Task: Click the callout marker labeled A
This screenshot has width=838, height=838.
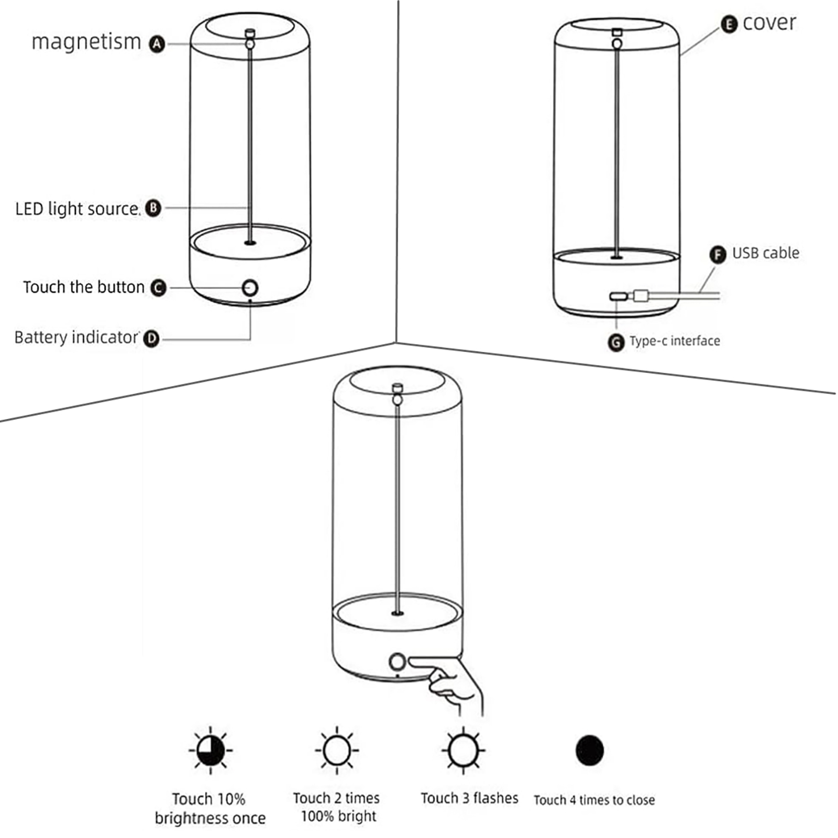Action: click(x=157, y=44)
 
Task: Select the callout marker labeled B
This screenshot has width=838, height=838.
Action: click(x=153, y=208)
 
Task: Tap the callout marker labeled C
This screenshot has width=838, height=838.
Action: click(x=158, y=288)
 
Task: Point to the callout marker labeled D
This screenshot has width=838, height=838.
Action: click(x=151, y=338)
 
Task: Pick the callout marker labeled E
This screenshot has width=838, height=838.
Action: click(x=729, y=24)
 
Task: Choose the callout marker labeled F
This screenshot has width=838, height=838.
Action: click(x=718, y=255)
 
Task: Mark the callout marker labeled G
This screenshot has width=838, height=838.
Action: click(x=616, y=343)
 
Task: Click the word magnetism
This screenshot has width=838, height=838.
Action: click(x=86, y=42)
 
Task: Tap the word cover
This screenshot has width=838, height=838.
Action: click(x=769, y=23)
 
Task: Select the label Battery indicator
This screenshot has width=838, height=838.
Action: click(x=76, y=337)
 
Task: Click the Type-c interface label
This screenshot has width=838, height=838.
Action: click(x=675, y=341)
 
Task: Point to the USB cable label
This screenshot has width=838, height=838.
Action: click(x=765, y=253)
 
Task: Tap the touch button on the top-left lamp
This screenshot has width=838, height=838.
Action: click(x=250, y=288)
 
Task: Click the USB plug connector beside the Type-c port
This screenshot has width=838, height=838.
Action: click(x=641, y=296)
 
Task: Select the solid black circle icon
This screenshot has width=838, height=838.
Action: click(x=589, y=750)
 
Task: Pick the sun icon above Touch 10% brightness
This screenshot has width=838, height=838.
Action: click(x=211, y=750)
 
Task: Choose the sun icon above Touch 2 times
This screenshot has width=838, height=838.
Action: click(x=337, y=750)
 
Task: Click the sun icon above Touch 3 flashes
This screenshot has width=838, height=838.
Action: click(x=463, y=750)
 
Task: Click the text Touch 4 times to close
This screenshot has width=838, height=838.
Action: click(x=594, y=800)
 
